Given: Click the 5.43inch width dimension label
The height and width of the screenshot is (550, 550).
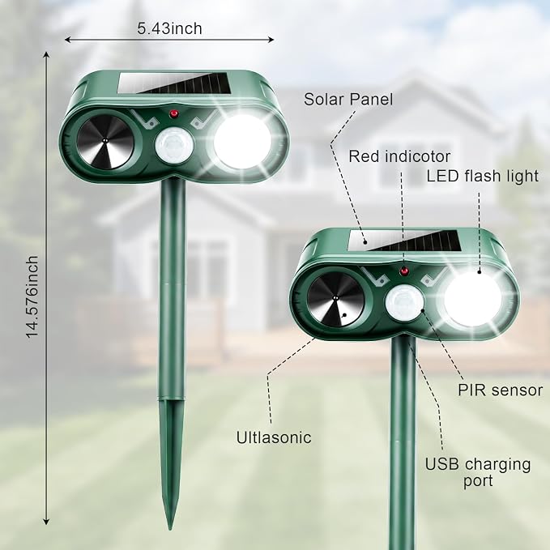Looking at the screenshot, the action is pos(169,28).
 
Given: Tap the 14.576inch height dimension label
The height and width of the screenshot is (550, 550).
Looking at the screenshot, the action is pos(32,296).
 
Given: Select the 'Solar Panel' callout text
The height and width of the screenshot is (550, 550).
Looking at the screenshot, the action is pos(348,100).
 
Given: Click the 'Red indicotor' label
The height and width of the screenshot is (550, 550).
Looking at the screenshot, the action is pos(399,156).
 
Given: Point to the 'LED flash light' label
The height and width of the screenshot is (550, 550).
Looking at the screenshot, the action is pos(482,176).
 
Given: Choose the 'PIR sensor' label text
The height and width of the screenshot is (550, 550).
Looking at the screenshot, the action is pos(501,390).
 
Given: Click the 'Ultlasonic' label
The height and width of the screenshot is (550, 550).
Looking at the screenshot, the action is pos(274,437).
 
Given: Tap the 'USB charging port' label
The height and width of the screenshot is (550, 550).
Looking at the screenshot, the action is pos(478,472).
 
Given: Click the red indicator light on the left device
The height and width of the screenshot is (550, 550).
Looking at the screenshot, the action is pos(173,113).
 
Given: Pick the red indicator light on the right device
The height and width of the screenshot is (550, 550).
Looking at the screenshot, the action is pos(404,271).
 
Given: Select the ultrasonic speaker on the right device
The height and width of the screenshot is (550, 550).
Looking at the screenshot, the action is pos(335,299).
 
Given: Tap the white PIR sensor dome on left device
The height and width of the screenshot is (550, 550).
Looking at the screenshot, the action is pos(174,145).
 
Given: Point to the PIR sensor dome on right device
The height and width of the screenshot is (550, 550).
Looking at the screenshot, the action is pos(405,303).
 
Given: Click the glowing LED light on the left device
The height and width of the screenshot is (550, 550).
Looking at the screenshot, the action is pos(242,141).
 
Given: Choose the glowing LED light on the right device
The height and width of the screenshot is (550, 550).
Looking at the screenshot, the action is pos(473,299).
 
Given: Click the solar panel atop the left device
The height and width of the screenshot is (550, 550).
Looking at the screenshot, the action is pos(175,83).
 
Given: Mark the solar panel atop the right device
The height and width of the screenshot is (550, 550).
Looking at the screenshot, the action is pos(404,241).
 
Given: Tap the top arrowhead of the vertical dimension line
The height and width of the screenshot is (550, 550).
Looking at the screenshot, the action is pos(46,54).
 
